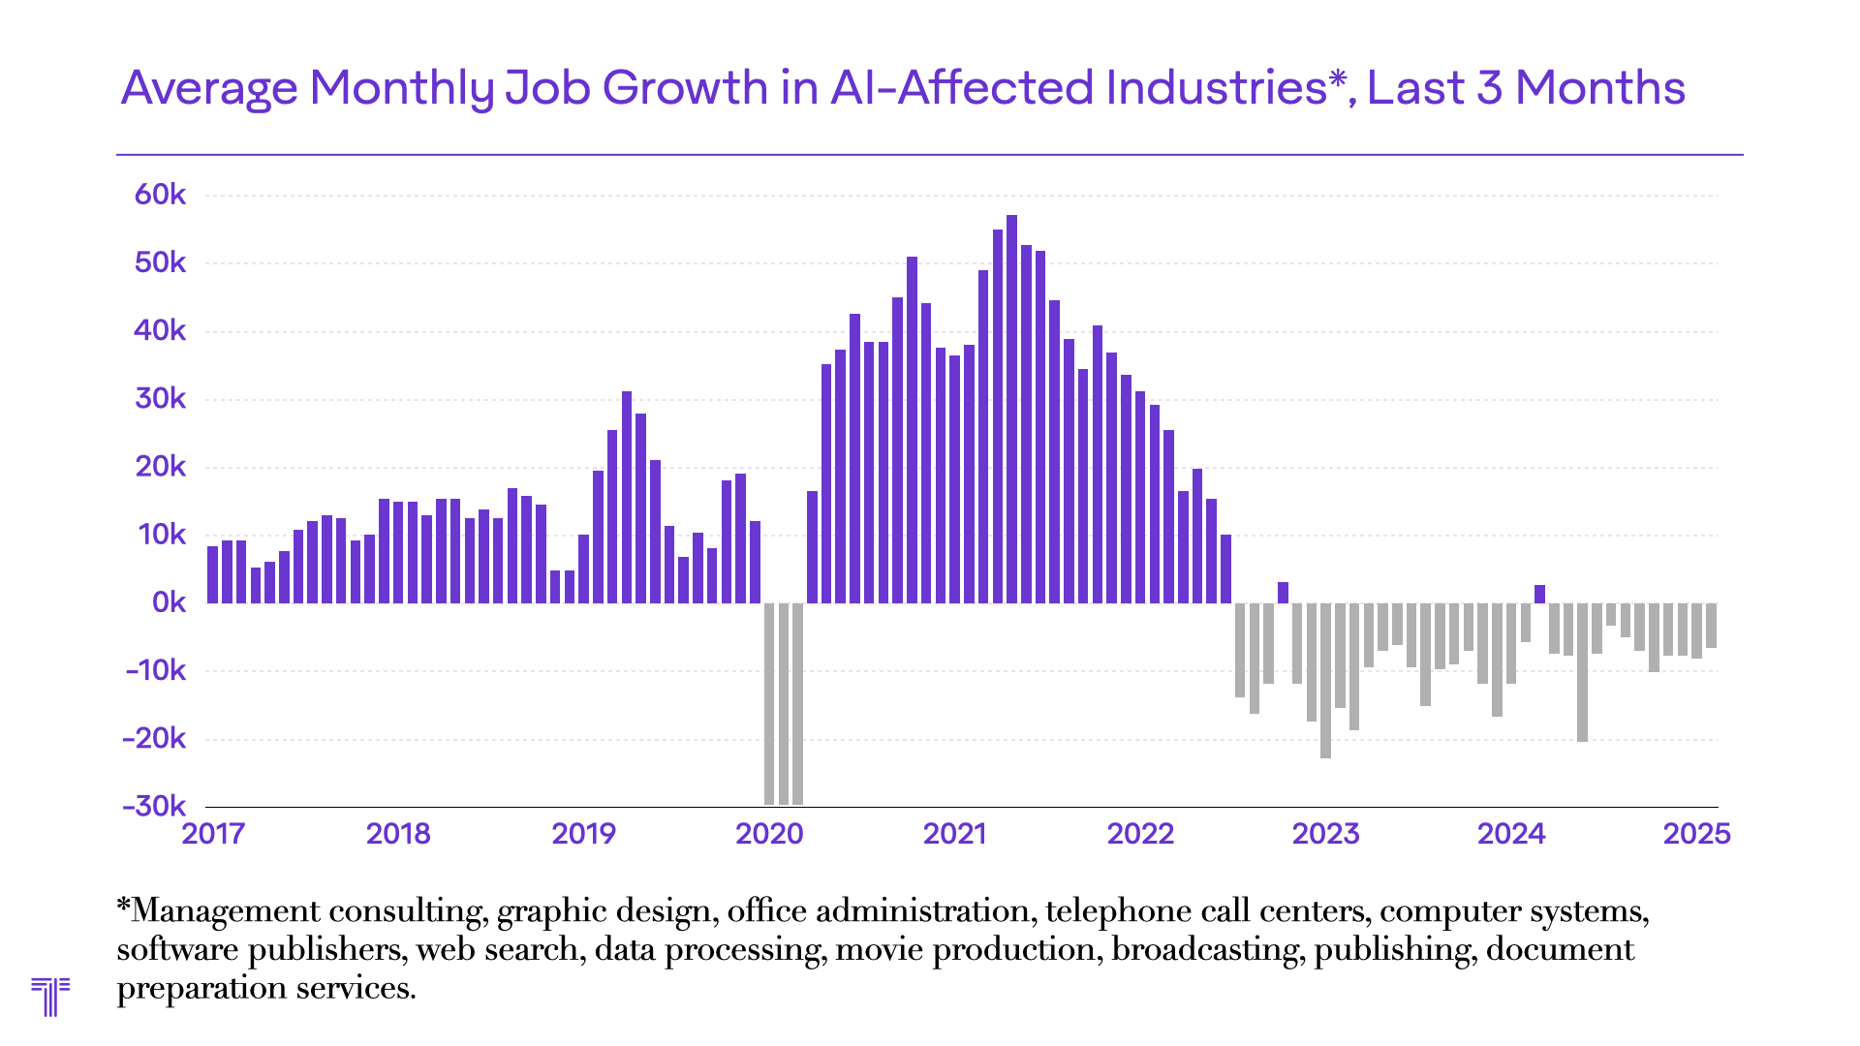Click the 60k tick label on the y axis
pos(160,195)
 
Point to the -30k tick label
pos(154,806)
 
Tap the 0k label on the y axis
pos(169,602)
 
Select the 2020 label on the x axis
pos(769,834)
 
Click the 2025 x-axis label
pos(1696,834)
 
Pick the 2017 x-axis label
pos(213,834)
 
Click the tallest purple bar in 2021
pos(1011,409)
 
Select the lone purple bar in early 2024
pos(1539,594)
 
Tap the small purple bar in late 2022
pos(1283,592)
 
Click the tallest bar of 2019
pos(627,497)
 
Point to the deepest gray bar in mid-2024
pos(1582,672)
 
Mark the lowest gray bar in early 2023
pos(1325,680)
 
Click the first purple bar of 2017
pos(212,574)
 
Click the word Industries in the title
pos(1215,88)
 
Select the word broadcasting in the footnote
pos(1206,949)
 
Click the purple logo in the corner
pos(50,996)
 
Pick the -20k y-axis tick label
pos(154,738)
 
